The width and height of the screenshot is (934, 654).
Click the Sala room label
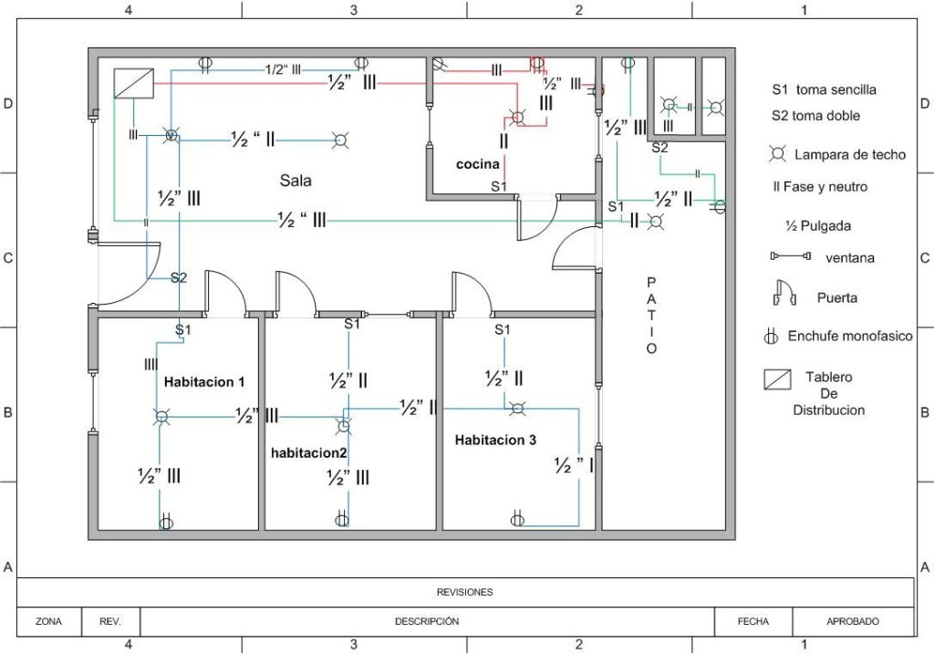click(x=296, y=181)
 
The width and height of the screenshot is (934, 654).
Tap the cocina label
click(x=478, y=164)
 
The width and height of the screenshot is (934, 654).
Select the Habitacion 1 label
click(x=204, y=381)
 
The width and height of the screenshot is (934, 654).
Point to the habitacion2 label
click(x=309, y=452)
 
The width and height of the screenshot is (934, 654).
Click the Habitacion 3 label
click(x=495, y=440)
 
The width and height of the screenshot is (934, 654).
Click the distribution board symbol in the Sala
click(x=134, y=84)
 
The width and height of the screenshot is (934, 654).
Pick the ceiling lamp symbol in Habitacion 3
click(x=517, y=408)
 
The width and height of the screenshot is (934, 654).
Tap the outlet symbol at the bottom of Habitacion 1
click(x=166, y=523)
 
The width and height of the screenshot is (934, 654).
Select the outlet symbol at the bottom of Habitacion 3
click(x=517, y=520)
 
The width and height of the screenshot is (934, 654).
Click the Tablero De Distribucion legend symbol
click(x=777, y=379)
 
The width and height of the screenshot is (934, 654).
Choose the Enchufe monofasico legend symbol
click(x=771, y=337)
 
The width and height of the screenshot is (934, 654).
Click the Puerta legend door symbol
click(x=784, y=294)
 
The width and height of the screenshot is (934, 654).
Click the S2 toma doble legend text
click(x=815, y=116)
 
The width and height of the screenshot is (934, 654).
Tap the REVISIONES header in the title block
click(x=465, y=592)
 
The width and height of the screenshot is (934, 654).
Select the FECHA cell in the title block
click(x=752, y=621)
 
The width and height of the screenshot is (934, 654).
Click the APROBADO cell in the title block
click(x=853, y=621)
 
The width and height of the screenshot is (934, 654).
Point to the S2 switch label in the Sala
click(x=179, y=277)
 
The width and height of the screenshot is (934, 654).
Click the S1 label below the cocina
click(x=499, y=186)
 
